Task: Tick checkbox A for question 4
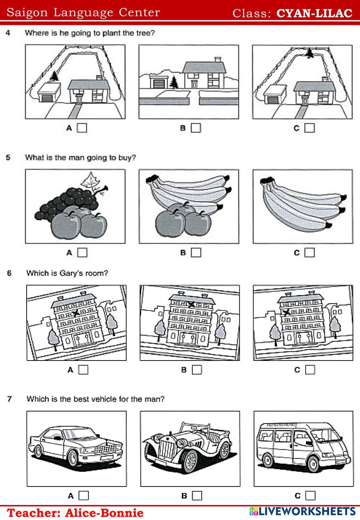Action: [82, 128]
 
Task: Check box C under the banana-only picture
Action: [310, 253]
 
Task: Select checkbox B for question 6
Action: [197, 370]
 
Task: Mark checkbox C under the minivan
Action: [310, 496]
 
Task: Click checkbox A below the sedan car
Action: [84, 496]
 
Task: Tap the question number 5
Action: [8, 158]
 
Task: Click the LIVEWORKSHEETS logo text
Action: [306, 511]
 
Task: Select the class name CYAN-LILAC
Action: [314, 13]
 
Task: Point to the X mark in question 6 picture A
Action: [76, 313]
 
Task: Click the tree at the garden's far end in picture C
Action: [309, 53]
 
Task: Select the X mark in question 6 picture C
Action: [287, 312]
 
